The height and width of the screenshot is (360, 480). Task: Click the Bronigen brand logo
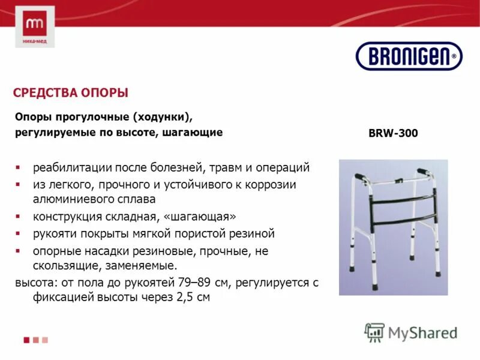409,56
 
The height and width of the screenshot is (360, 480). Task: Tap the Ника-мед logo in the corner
35,27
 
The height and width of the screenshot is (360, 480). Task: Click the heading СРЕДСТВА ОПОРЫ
71,94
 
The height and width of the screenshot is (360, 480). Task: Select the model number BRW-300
393,134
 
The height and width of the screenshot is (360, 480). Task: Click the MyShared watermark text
423,332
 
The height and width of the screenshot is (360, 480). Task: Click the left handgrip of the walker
360,178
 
